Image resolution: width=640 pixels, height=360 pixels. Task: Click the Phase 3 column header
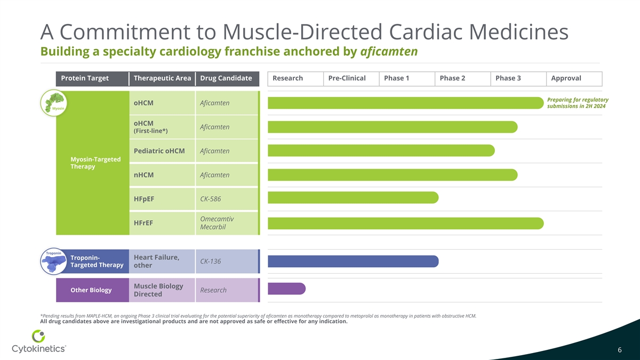pos(508,78)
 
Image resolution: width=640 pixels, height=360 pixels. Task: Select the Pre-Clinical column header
pos(347,78)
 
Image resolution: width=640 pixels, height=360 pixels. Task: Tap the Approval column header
pos(566,78)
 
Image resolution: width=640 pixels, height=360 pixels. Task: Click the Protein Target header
pos(85,78)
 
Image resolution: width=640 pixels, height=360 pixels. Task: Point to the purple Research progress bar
pos(286,289)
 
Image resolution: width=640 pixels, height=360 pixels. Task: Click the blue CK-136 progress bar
pos(353,261)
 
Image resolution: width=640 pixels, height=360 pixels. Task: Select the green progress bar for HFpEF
pos(353,198)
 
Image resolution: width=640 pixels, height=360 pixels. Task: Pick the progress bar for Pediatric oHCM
pos(381,150)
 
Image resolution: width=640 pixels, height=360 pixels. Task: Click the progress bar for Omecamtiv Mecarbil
pos(405,223)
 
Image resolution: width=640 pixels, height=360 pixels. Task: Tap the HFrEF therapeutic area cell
pos(144,223)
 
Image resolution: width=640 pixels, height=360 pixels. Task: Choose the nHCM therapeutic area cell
pos(144,175)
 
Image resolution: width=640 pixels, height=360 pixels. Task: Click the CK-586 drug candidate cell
pos(210,199)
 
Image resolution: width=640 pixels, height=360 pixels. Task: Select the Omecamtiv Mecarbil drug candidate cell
pos(217,223)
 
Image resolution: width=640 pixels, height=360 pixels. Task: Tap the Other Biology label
pos(91,290)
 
